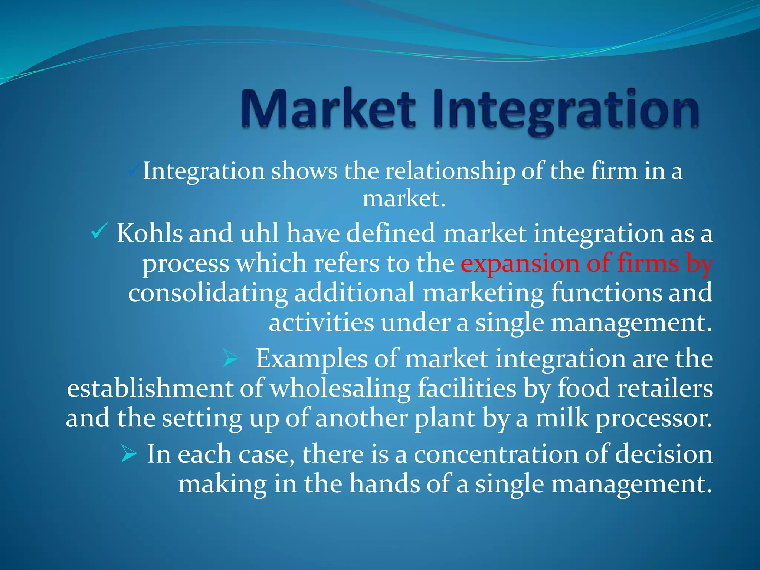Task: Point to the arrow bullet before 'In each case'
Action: [129, 454]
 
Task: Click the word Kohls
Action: [150, 233]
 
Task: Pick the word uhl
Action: [259, 233]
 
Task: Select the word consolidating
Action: [208, 293]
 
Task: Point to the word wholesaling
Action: [340, 389]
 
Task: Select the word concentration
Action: [496, 454]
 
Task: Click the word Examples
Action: [311, 359]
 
